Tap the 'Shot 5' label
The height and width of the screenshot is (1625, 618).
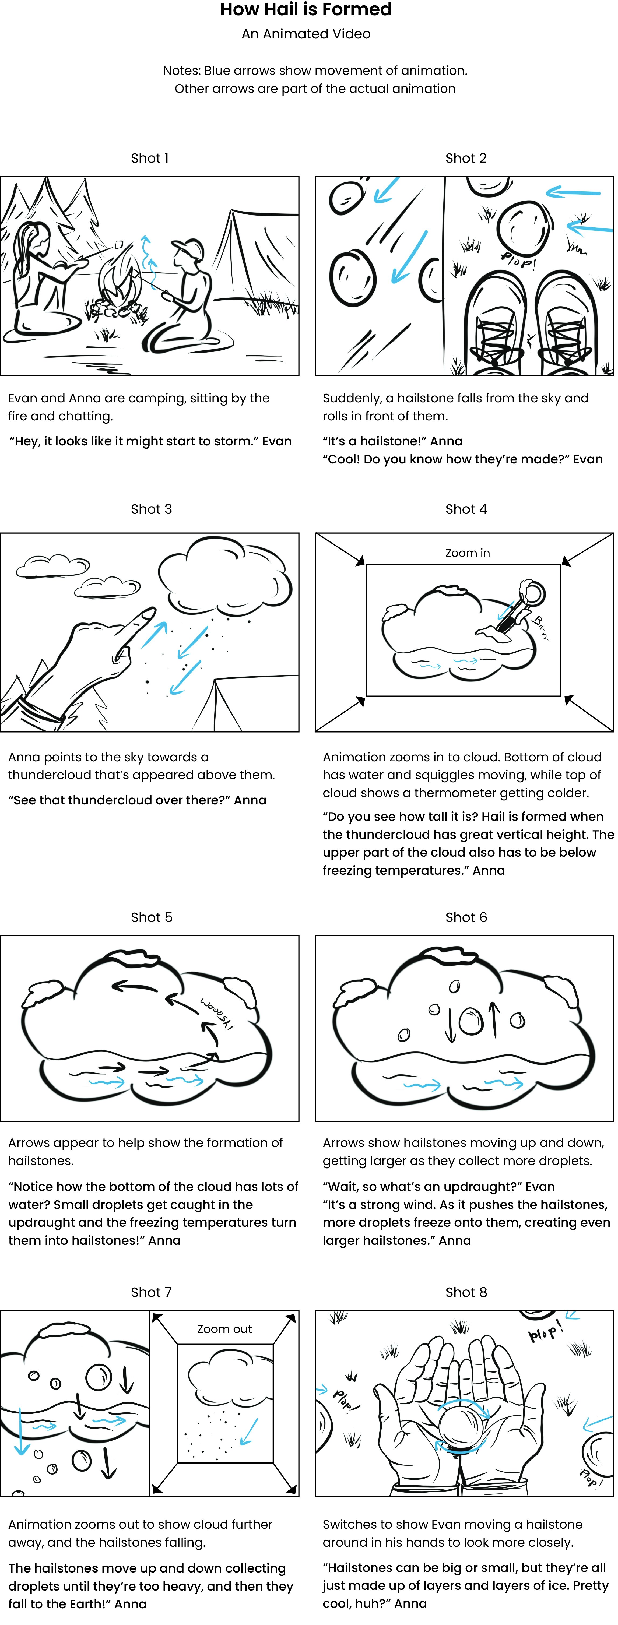tap(151, 917)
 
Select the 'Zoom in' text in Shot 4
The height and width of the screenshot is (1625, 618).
tap(467, 553)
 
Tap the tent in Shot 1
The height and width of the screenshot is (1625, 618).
tap(255, 252)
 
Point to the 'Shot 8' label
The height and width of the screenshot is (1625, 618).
tap(466, 1292)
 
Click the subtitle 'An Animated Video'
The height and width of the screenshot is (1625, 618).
tap(306, 34)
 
